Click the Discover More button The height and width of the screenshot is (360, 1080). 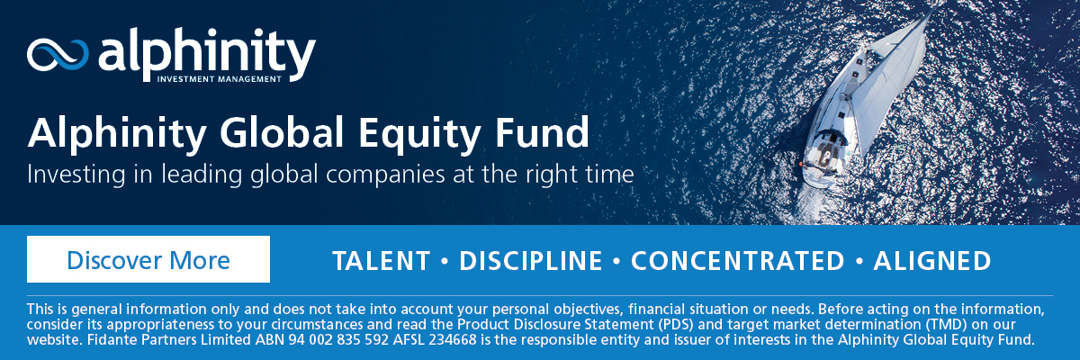point(148,259)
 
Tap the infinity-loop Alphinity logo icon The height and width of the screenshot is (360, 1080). point(58,55)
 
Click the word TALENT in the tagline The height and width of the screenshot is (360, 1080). point(381,261)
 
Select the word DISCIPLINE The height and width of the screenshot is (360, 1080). point(530,261)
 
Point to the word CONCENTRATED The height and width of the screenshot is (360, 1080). point(738,261)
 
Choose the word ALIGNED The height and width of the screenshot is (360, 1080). point(932,261)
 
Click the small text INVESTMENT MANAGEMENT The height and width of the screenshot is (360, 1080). point(219,79)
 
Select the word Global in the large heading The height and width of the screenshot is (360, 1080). point(282,132)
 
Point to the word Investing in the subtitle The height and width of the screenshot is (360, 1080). point(76,175)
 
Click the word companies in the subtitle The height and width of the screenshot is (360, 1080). point(385,175)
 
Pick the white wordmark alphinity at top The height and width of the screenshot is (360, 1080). point(207,53)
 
